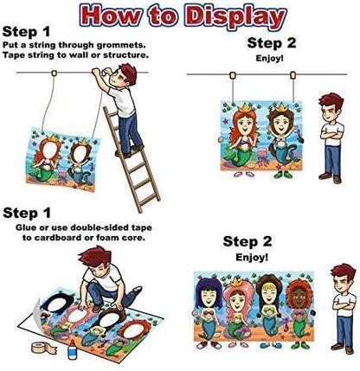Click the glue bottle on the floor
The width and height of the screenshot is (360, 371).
point(73,349)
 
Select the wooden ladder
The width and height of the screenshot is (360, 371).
point(132,159)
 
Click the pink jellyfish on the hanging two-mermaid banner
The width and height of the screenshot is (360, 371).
point(62,176)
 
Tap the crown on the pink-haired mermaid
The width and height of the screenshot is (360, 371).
point(236,282)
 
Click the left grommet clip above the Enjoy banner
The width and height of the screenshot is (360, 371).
point(233,75)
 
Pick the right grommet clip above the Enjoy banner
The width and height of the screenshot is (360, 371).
point(293,75)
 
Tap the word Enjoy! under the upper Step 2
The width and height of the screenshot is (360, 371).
point(270,58)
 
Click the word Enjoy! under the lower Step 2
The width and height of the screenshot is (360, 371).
point(252,257)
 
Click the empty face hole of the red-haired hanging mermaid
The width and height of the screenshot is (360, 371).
point(49,150)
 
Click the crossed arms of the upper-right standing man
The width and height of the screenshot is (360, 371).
point(332,135)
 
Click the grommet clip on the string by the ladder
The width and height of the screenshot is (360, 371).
point(54,73)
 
